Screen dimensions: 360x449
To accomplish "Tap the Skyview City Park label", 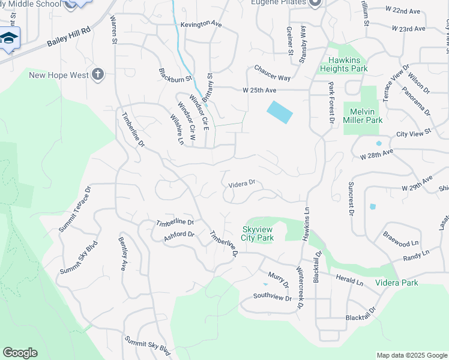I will tap(258, 233).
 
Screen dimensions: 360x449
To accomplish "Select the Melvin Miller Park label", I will tap(363, 116).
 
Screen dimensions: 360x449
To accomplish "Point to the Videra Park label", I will tap(396, 283).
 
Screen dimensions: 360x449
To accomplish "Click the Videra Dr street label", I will tap(242, 184).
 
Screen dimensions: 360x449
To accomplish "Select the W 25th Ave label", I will tap(259, 90).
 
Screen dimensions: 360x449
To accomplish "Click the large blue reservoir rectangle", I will tap(280, 112).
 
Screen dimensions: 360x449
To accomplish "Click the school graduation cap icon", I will tap(8, 39).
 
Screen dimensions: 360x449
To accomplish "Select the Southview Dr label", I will tap(272, 296).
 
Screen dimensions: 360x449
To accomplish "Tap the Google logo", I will tap(20, 353).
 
